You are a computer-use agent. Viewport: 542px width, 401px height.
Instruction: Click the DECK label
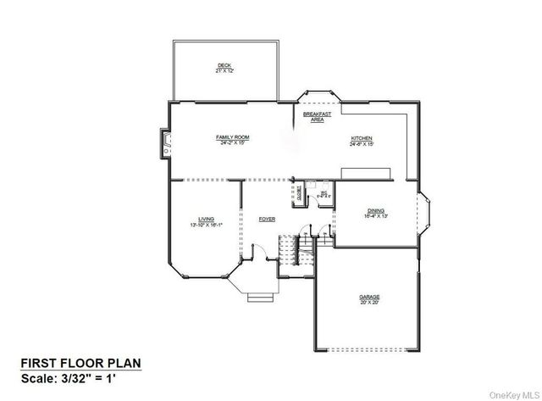(x=224, y=65)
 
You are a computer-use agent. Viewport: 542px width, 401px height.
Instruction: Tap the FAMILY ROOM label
(x=231, y=137)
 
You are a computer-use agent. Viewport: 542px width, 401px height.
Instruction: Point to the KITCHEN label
(x=362, y=138)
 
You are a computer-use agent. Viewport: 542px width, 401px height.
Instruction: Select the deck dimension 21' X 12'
(x=224, y=71)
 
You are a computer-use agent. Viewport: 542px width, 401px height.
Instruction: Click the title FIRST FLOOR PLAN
(x=81, y=364)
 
